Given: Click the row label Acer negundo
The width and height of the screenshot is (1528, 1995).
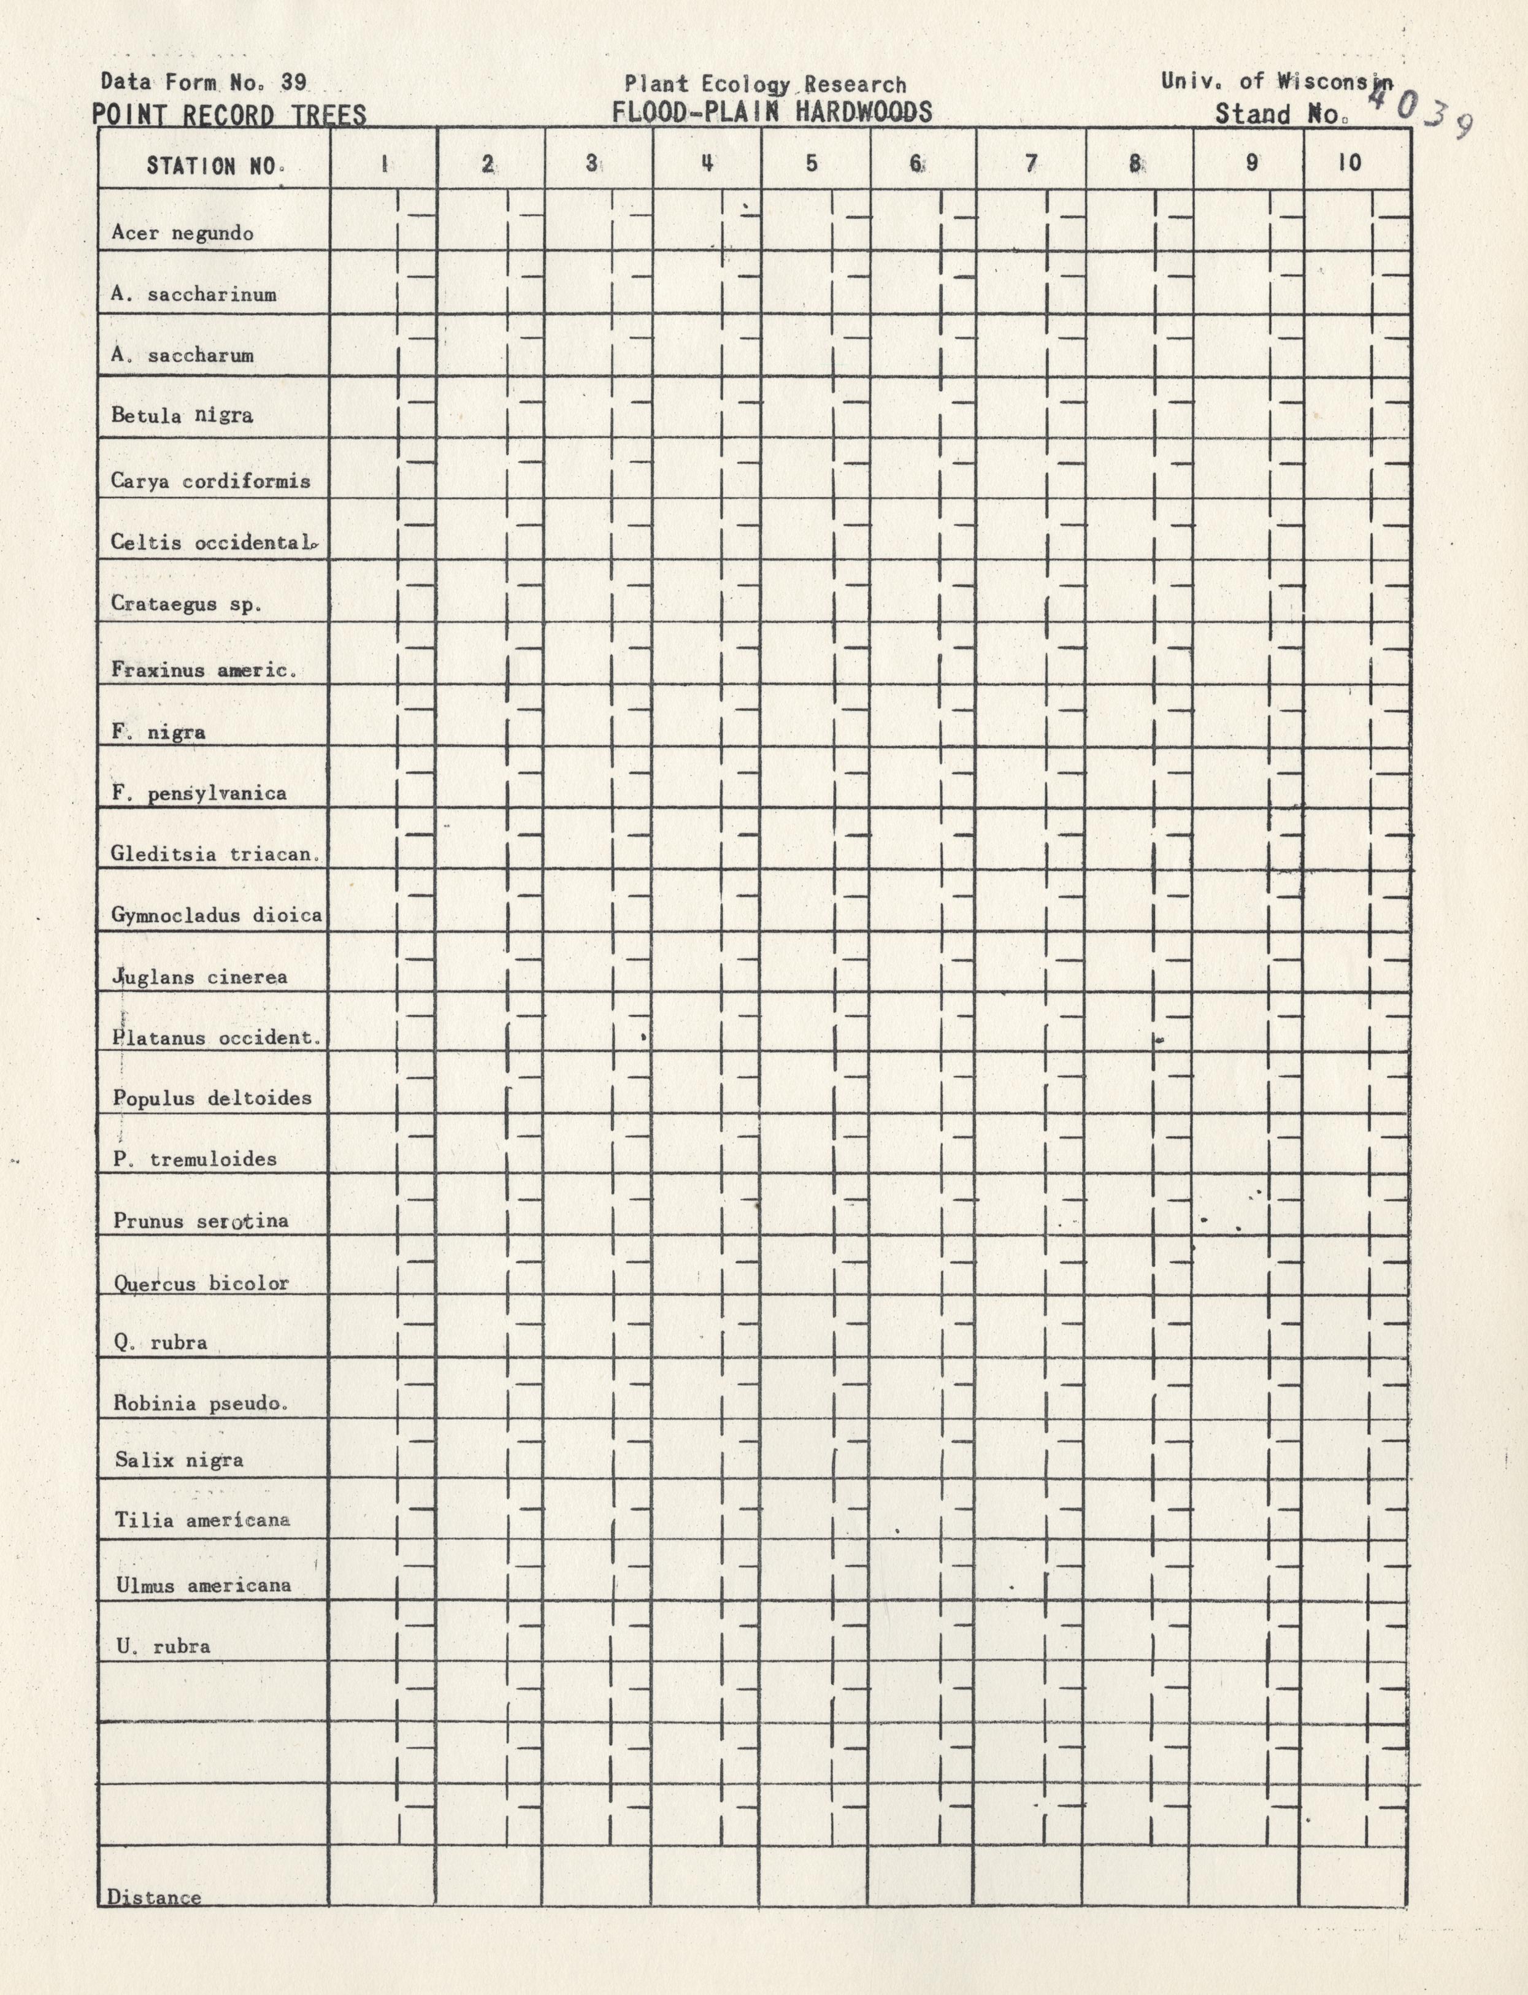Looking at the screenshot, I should pyautogui.click(x=182, y=233).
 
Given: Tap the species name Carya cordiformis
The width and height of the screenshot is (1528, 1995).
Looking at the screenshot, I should pyautogui.click(x=210, y=480).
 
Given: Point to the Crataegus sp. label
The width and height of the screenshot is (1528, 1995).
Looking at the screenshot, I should pyautogui.click(x=185, y=603).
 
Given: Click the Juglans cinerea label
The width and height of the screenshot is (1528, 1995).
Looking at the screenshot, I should pyautogui.click(x=199, y=977).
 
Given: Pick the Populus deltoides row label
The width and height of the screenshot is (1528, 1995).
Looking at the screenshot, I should pyautogui.click(x=212, y=1098).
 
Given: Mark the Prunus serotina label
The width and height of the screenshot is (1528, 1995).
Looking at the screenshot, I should pyautogui.click(x=200, y=1221).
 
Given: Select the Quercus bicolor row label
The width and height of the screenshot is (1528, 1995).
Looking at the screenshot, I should pyautogui.click(x=201, y=1283).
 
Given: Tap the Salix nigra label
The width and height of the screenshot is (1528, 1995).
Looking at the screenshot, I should pyautogui.click(x=179, y=1460).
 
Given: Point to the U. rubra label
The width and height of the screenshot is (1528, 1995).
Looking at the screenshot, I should pyautogui.click(x=163, y=1646).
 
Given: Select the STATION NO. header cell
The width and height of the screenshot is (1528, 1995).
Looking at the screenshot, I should pyautogui.click(x=215, y=166).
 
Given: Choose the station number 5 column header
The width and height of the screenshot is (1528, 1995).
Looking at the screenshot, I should pyautogui.click(x=812, y=164).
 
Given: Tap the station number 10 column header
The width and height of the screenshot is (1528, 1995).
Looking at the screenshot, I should pyautogui.click(x=1349, y=163).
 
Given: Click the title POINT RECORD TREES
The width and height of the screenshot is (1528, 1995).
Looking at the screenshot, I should pyautogui.click(x=229, y=115).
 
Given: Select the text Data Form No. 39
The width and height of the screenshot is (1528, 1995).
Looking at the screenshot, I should pyautogui.click(x=204, y=82).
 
